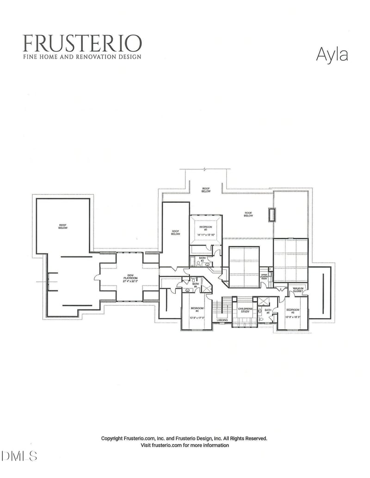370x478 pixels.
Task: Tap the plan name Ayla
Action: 332,54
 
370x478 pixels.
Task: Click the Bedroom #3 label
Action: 206,228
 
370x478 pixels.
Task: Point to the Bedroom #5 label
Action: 292,310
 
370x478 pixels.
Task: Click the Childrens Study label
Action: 244,310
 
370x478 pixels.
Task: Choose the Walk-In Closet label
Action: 297,290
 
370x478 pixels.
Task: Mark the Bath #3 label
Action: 202,259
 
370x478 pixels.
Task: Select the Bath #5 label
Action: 268,311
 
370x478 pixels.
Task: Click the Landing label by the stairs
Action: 222,320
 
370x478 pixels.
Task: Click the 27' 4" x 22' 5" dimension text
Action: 130,282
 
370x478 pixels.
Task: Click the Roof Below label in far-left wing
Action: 63,227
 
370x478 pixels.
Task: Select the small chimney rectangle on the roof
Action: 272,215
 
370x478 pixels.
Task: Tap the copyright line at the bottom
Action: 184,438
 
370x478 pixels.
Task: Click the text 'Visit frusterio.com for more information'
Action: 185,445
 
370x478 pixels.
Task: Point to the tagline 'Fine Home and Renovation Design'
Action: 82,57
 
